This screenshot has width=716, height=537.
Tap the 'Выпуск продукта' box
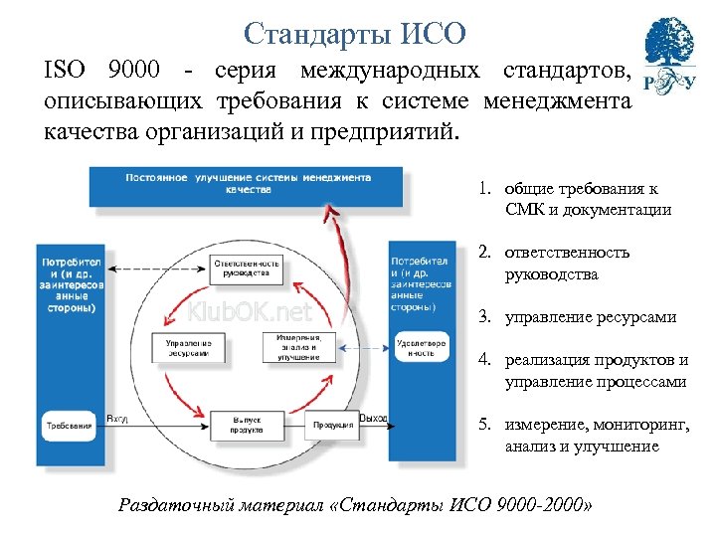247,426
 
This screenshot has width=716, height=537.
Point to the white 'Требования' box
69,427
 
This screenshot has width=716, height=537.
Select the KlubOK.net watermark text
251,312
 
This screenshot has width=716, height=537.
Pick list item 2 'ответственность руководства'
567,263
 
